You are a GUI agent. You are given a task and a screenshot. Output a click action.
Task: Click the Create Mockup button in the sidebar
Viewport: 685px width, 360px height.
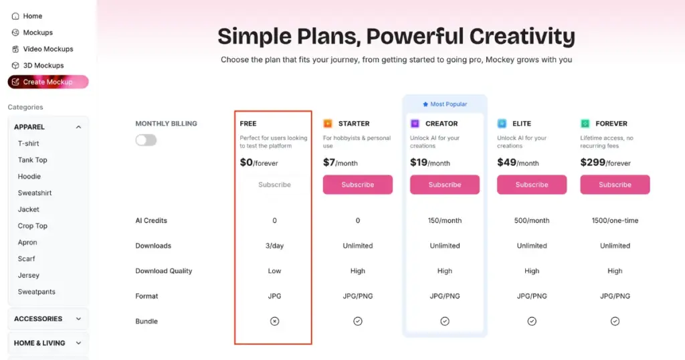[48, 82]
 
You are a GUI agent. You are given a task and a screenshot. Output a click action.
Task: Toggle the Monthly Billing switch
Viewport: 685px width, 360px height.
[146, 141]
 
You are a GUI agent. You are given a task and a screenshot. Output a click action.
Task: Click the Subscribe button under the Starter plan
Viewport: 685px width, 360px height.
[357, 185]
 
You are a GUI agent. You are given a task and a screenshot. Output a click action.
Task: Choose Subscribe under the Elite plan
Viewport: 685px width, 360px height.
[532, 185]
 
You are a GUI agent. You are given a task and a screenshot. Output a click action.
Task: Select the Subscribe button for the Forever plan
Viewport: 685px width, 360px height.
[615, 185]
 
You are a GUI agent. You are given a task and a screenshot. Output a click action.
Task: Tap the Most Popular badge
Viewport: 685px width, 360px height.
[445, 104]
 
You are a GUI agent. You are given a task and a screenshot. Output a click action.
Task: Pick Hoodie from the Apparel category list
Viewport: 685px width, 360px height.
[29, 177]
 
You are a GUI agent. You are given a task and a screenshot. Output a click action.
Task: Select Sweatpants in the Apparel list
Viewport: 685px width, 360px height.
[37, 292]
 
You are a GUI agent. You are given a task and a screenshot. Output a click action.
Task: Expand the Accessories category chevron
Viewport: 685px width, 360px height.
[79, 319]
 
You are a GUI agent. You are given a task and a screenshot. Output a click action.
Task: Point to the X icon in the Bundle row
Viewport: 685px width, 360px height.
[274, 321]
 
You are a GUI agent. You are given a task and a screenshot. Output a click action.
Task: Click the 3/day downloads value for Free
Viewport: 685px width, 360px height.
[274, 246]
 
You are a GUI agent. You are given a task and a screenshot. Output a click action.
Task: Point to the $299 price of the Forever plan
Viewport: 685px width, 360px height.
[593, 163]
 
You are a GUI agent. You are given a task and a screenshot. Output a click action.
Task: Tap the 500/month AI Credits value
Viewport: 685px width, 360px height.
[532, 221]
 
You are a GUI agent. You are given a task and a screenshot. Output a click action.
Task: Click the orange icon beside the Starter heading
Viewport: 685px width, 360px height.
[328, 124]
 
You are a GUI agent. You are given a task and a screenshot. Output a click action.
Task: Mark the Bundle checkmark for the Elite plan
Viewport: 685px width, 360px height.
[532, 321]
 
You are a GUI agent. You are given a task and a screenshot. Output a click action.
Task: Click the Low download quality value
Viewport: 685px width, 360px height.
[274, 271]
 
